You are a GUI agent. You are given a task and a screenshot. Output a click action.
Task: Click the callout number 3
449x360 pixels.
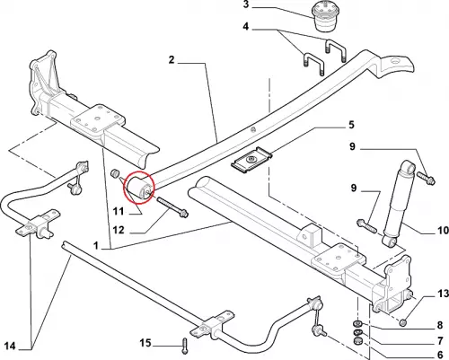pos(246,4)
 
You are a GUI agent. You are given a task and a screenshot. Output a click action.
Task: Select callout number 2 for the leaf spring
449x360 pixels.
pos(172,60)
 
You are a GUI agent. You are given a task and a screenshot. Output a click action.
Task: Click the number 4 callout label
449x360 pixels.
pos(246,27)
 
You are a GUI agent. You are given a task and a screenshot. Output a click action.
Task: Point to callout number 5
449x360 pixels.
pos(351,125)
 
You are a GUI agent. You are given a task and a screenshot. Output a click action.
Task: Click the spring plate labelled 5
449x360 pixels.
pos(251,161)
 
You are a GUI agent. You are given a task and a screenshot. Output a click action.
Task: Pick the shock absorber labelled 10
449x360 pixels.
pos(399,205)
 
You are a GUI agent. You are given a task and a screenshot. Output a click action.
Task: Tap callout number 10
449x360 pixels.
pos(444,231)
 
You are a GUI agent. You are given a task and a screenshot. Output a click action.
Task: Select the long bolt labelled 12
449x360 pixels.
pos(172,206)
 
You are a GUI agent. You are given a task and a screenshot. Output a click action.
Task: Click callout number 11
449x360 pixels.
pos(119,212)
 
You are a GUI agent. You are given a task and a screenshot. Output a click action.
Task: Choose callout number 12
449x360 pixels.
pos(119,230)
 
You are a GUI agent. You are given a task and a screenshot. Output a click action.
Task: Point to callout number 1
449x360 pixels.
pos(96,246)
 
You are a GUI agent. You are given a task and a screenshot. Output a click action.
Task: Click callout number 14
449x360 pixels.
pos(10,347)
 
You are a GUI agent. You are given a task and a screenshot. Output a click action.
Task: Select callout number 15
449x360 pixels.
pos(145,343)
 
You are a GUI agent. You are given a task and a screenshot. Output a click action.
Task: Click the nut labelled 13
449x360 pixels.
pos(403,322)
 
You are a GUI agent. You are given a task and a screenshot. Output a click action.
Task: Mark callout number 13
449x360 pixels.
pos(444,294)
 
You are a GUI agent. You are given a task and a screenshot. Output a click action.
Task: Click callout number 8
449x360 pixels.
pos(440,325)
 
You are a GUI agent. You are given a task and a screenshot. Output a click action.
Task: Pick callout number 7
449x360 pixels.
pos(440,340)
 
